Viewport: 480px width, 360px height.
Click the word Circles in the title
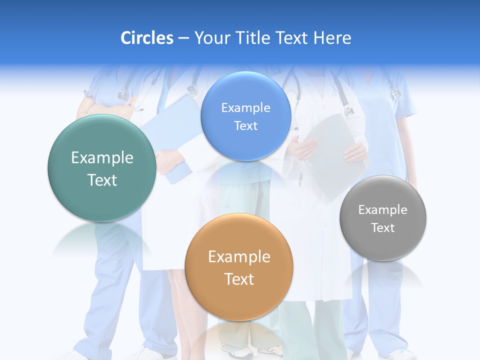pos(146,38)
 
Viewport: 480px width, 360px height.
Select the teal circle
pos(101,168)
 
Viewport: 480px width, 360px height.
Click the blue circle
pos(245,116)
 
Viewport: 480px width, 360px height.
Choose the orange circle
pos(238,267)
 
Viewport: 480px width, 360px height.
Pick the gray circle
pos(382,218)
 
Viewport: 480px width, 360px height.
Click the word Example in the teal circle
pos(102,158)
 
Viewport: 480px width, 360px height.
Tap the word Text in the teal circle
pos(102,180)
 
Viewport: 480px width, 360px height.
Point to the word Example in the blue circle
pos(245,107)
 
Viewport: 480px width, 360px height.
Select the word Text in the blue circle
pos(245,125)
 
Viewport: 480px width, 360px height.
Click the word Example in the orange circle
pos(239,257)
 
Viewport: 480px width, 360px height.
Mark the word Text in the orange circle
pos(239,279)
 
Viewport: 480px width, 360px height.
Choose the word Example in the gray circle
pos(382,209)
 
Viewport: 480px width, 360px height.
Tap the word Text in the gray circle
pos(382,227)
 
